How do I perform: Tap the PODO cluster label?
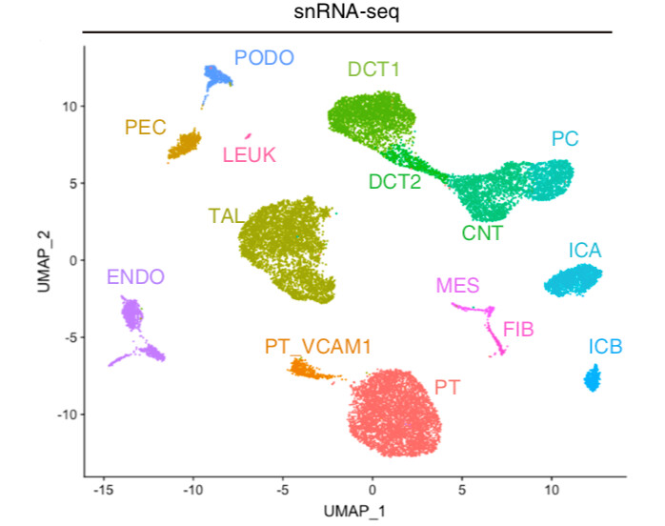pyautogui.click(x=267, y=58)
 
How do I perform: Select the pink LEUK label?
pyautogui.click(x=250, y=154)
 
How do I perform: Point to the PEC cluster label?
pyautogui.click(x=145, y=127)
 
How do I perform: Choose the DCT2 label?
pyautogui.click(x=393, y=181)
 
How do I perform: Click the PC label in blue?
pyautogui.click(x=565, y=139)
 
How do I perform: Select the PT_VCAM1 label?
pyautogui.click(x=317, y=348)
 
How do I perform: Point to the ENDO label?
pyautogui.click(x=135, y=278)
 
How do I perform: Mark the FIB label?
pyautogui.click(x=518, y=330)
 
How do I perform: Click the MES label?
pyautogui.click(x=457, y=285)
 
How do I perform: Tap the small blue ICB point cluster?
pyautogui.click(x=592, y=380)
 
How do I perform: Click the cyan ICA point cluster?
pyautogui.click(x=574, y=280)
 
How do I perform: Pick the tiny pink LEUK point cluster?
pyautogui.click(x=248, y=135)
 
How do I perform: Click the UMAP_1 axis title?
pyautogui.click(x=353, y=512)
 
